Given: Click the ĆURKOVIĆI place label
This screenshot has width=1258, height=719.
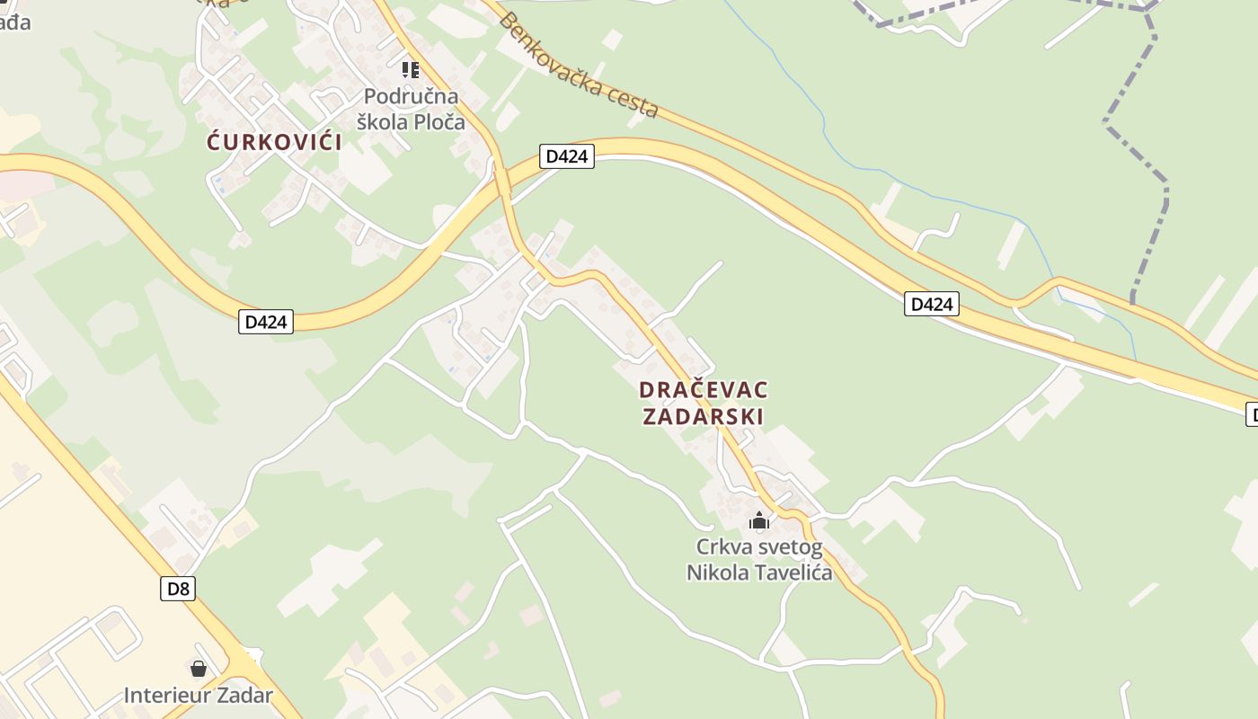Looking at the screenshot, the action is pyautogui.click(x=274, y=142).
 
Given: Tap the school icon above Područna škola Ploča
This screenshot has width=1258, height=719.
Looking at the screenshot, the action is pyautogui.click(x=411, y=69).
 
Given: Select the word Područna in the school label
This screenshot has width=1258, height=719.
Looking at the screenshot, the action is pyautogui.click(x=411, y=96).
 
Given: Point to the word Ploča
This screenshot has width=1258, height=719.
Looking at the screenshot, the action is pyautogui.click(x=438, y=121).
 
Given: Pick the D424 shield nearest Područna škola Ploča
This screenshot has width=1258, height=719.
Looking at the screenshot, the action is pyautogui.click(x=567, y=156).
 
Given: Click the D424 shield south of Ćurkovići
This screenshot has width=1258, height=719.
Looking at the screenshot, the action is pyautogui.click(x=266, y=322).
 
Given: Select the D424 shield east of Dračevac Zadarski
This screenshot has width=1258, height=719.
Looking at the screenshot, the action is pyautogui.click(x=931, y=304).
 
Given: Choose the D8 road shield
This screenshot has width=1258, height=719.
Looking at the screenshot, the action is pyautogui.click(x=179, y=589).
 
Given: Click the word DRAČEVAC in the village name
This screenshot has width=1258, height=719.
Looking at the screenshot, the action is pyautogui.click(x=704, y=390).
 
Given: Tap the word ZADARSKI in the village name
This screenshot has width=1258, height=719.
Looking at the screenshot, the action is pyautogui.click(x=704, y=417).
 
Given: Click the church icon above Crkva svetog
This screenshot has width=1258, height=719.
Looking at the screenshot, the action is pyautogui.click(x=759, y=520).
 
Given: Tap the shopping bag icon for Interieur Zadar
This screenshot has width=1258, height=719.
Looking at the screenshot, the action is pyautogui.click(x=199, y=669).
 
